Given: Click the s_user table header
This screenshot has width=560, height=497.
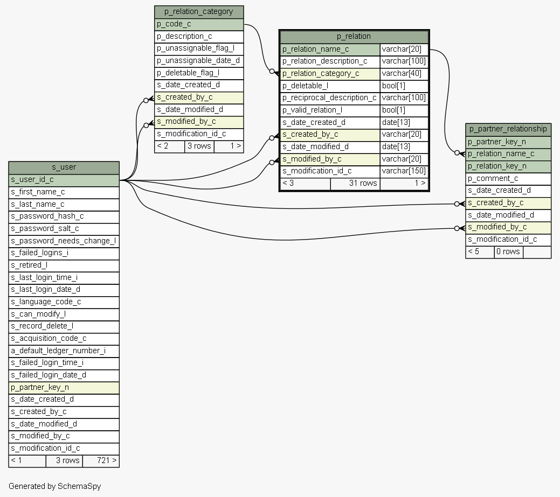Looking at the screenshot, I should point(64,167).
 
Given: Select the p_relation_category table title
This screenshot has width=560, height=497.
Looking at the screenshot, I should point(199,12).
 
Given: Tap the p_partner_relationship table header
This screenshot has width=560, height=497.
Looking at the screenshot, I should point(508,129).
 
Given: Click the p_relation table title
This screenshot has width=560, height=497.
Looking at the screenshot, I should point(354,37).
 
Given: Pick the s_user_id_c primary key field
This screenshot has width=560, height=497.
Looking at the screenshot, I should point(64,180).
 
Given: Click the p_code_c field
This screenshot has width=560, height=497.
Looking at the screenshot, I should point(199,24).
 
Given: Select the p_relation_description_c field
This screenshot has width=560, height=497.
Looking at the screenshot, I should point(329,61).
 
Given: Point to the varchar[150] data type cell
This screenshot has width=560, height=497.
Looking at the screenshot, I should point(404,171).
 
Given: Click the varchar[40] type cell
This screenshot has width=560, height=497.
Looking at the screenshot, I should point(404,74).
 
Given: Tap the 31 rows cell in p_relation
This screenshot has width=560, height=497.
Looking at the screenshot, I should point(355,184).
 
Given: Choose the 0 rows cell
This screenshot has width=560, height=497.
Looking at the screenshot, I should point(508,252).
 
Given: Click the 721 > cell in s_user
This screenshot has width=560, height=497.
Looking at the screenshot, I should point(101,461).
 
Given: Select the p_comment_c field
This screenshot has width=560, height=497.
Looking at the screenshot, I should point(508,179).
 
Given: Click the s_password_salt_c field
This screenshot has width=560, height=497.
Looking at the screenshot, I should point(64,229).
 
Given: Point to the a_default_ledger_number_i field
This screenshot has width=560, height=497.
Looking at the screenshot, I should point(64,351).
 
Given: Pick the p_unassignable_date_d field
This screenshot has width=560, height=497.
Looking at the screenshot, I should point(199,60).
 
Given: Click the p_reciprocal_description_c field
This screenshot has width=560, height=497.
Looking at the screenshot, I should point(329,98).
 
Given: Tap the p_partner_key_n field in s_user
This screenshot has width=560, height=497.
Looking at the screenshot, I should point(64,387).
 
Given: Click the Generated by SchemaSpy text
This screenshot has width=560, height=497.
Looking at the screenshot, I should point(55,486).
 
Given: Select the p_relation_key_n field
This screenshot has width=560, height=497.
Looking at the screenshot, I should point(508,166).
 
